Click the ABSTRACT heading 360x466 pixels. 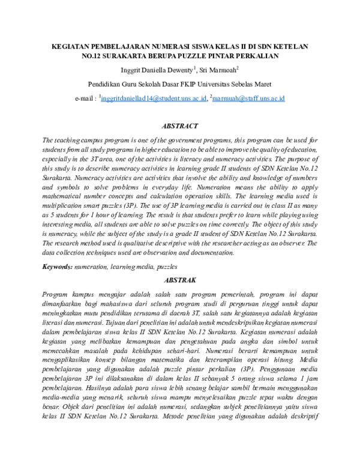click(180, 126)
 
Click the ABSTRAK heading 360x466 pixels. click(180, 280)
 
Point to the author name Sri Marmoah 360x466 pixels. click(220, 70)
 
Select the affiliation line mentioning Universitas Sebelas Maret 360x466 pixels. click(180, 84)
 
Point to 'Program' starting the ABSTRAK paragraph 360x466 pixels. click(56, 294)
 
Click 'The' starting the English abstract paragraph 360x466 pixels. click(49, 140)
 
